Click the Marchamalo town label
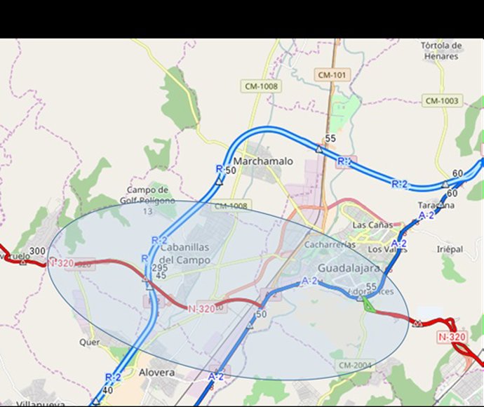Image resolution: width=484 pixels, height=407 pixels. [x=263, y=161]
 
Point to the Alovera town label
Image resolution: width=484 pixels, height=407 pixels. [x=157, y=373]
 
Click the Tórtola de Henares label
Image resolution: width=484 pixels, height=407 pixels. [x=440, y=51]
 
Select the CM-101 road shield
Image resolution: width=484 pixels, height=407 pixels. [x=332, y=75]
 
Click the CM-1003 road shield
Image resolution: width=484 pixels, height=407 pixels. [x=441, y=101]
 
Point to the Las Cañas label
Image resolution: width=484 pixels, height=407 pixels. [x=369, y=225]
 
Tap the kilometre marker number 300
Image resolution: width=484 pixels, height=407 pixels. [x=37, y=251]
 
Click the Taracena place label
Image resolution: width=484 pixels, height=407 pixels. [x=435, y=206]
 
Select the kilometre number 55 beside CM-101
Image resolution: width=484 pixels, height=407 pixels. [x=331, y=139]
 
